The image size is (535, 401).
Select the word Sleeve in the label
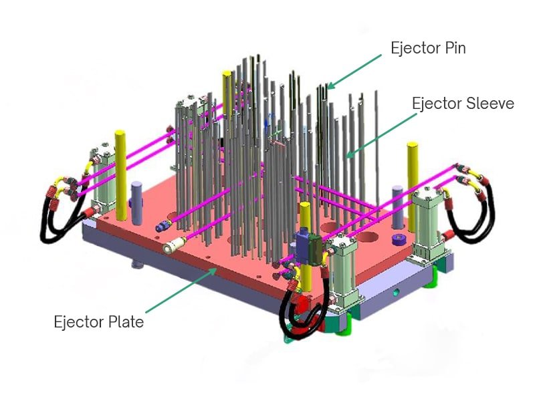coord(490,104)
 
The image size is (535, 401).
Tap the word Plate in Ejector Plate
coord(127,322)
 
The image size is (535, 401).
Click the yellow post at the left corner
coord(121,174)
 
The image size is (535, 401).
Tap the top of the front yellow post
coord(304,208)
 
